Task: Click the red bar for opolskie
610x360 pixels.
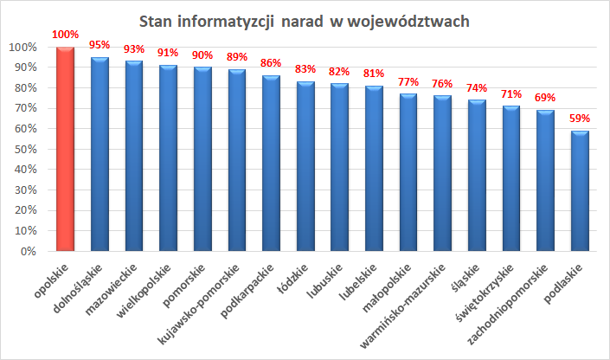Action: pos(65,149)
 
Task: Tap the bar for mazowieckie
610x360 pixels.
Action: pos(134,156)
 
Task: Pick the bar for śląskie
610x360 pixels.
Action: pos(477,176)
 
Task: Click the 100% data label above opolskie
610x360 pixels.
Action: pos(65,35)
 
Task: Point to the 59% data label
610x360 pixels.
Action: pos(580,119)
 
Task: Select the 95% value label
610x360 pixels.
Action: pos(100,45)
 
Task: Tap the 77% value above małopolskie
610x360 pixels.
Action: pos(408,81)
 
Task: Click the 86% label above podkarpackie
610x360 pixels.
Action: pos(271,63)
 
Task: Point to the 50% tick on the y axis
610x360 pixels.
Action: pos(22,149)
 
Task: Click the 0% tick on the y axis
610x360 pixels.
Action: pos(26,252)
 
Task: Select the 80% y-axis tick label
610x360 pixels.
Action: pos(22,87)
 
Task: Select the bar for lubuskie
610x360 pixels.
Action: pos(340,167)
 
